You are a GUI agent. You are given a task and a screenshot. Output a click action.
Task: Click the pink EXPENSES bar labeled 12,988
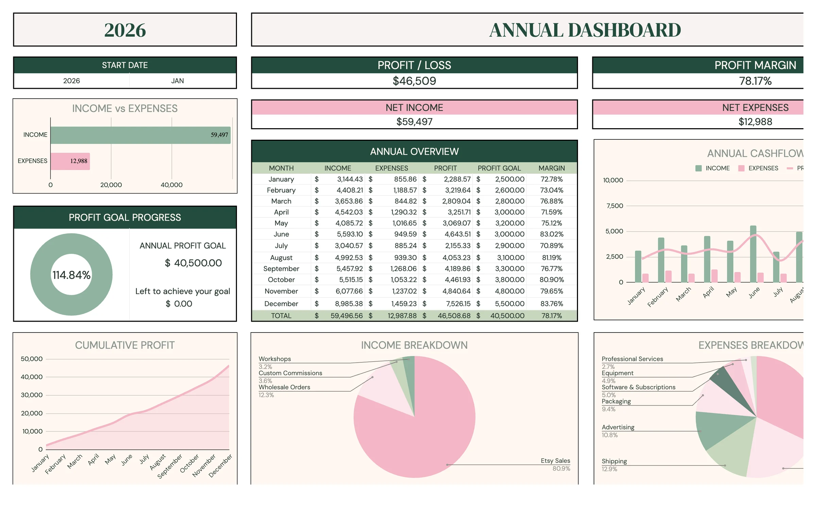coord(70,161)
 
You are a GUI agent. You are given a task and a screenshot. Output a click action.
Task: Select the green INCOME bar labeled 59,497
coord(140,135)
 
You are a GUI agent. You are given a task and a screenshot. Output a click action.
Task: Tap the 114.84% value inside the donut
coord(71,275)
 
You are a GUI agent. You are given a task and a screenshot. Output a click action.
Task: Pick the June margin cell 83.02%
coord(551,234)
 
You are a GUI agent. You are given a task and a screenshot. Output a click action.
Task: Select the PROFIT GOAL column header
coord(499,168)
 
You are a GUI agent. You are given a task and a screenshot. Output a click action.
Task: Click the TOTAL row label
coord(281,316)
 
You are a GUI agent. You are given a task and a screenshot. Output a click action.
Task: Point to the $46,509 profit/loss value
coord(414,81)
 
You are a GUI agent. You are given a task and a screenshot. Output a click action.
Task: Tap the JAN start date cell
coord(177,81)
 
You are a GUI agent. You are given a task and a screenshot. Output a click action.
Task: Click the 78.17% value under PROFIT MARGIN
coord(755,81)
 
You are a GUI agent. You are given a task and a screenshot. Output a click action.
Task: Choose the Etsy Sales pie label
coord(555,461)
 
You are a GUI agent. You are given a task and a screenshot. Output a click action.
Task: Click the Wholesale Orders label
coord(284,387)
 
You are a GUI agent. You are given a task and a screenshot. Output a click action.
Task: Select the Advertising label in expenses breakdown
coord(618,427)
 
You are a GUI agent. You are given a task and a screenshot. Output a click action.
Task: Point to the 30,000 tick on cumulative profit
coord(32,395)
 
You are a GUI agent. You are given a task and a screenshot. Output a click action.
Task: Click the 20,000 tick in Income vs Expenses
coord(111,185)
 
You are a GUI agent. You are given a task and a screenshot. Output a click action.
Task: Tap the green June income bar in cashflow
coord(753,254)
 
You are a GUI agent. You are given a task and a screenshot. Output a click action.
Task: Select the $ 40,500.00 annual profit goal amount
coord(193,263)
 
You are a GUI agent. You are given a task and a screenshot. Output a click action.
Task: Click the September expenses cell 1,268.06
coord(403,269)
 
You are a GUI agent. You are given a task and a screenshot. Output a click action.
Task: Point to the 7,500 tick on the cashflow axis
coord(615,206)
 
